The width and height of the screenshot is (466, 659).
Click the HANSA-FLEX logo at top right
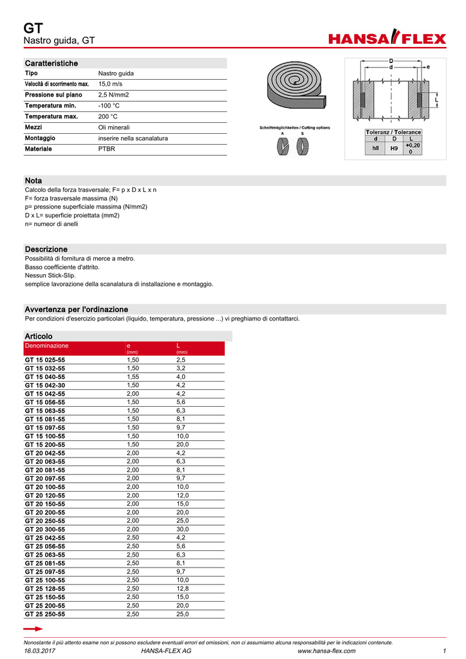pyautogui.click(x=387, y=39)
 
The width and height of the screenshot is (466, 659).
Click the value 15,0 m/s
pyautogui.click(x=110, y=84)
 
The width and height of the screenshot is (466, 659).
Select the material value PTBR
pyautogui.click(x=107, y=149)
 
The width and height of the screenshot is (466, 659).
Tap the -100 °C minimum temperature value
pyautogui.click(x=109, y=106)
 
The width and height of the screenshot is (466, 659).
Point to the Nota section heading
pyautogui.click(x=33, y=180)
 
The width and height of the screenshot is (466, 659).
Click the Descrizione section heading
pyautogui.click(x=46, y=249)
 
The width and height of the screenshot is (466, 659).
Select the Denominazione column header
pyautogui.click(x=46, y=346)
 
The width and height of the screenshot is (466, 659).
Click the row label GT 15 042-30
pyautogui.click(x=44, y=385)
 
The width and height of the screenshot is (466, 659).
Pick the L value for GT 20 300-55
pyautogui.click(x=183, y=529)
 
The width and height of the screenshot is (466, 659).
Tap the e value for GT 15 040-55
pyautogui.click(x=133, y=376)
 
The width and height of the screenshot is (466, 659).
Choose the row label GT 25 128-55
pyautogui.click(x=44, y=588)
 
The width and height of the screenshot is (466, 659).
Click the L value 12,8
pyautogui.click(x=183, y=588)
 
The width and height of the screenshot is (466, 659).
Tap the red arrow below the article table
pyautogui.click(x=32, y=628)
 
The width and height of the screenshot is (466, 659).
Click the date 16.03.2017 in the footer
pyautogui.click(x=39, y=651)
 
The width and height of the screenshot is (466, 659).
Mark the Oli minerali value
pyautogui.click(x=113, y=127)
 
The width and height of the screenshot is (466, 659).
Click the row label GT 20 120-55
pyautogui.click(x=44, y=496)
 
